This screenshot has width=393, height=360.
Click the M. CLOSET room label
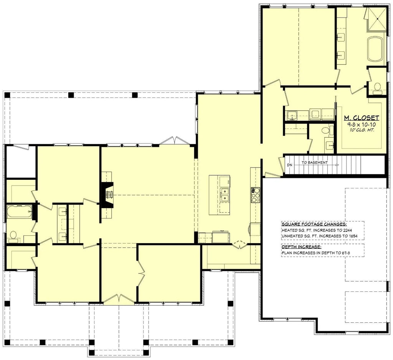tap(361, 118)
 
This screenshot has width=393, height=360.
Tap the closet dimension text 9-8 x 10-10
tap(361, 125)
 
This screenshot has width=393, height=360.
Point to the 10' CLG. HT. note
tap(361, 130)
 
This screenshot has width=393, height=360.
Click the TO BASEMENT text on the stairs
tap(314, 163)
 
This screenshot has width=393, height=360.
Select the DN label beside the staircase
tap(290, 165)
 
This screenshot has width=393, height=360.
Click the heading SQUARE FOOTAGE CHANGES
tap(314, 224)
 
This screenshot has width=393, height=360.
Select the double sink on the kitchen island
tap(225, 195)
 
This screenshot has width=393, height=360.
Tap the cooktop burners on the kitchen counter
tap(255, 195)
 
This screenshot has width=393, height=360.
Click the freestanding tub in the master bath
tap(375, 49)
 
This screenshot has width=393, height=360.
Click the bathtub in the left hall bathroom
tap(19, 211)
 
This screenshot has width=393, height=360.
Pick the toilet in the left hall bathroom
tap(14, 235)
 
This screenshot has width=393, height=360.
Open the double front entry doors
tap(119, 299)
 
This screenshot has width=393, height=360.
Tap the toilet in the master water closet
tap(377, 88)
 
